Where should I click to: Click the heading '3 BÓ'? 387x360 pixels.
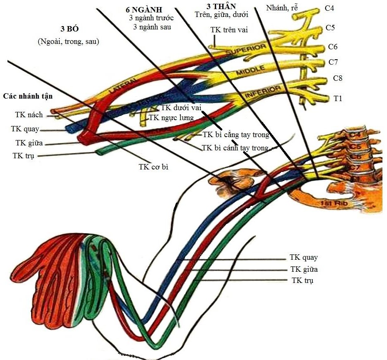coord(69,30)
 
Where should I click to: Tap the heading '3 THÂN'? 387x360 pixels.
coord(221,7)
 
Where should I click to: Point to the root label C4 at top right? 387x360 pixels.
coord(330,8)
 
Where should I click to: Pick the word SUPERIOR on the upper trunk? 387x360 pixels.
coord(246,51)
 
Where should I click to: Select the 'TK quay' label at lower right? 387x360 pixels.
coord(304,258)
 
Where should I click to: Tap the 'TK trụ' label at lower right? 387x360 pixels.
coord(302,280)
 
